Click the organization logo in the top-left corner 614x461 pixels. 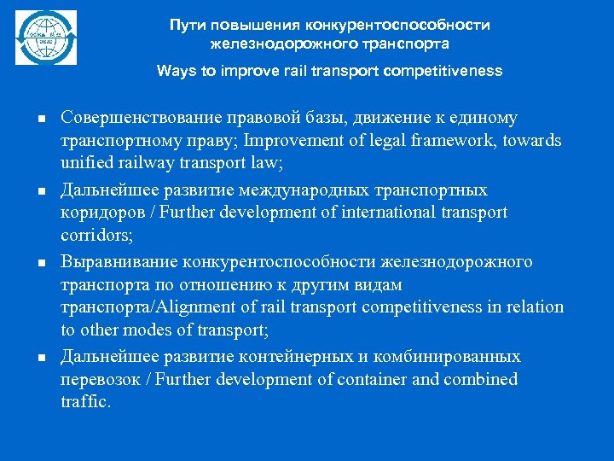click(x=46, y=38)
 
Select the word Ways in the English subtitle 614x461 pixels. click(x=174, y=71)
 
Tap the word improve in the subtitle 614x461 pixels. click(x=248, y=71)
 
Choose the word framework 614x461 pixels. click(x=447, y=140)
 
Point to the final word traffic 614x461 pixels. click(x=85, y=402)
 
